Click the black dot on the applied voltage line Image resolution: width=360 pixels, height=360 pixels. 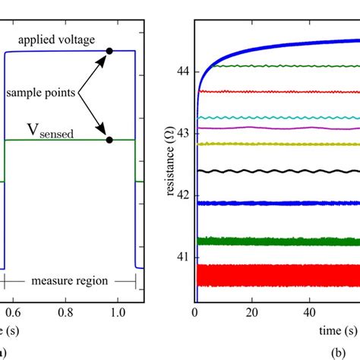(109, 51)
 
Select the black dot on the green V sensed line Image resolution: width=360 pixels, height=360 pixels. (109, 140)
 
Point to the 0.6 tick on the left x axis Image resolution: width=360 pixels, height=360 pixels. (6, 311)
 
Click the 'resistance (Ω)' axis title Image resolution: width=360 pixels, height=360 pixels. (169, 160)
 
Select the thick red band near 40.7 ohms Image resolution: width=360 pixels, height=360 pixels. (273, 275)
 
